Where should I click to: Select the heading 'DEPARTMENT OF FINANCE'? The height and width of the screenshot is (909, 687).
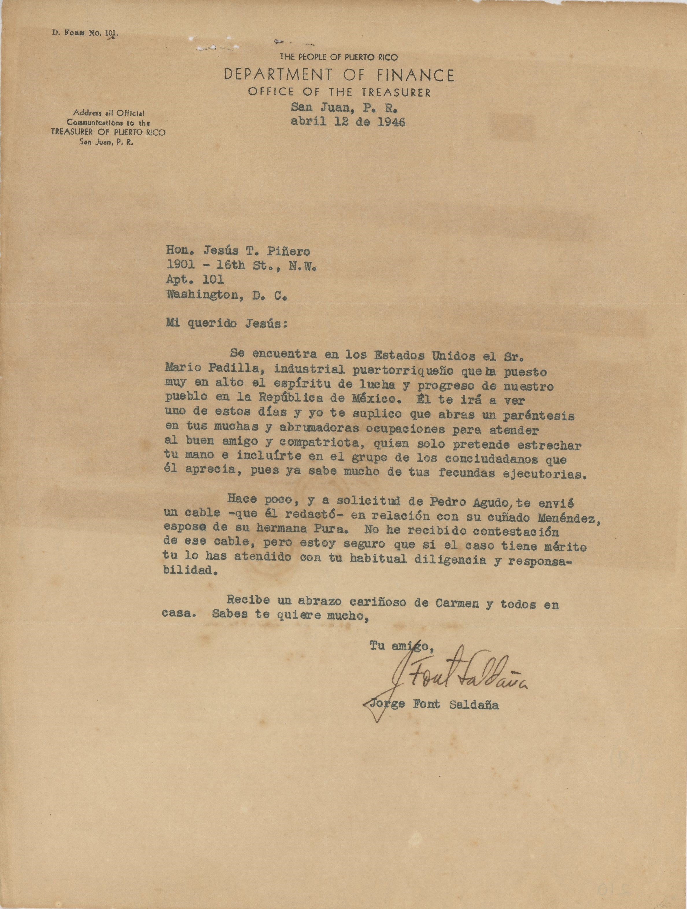click(x=339, y=75)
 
